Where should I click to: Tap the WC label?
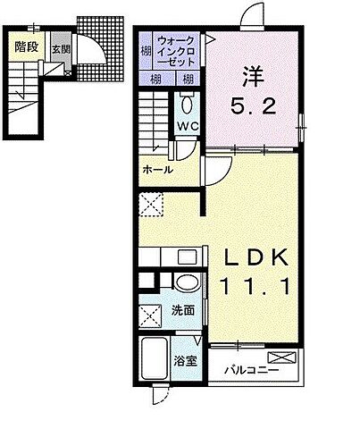[x=188, y=128]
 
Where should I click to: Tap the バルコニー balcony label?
[x=251, y=368]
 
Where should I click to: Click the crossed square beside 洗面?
[x=149, y=316]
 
